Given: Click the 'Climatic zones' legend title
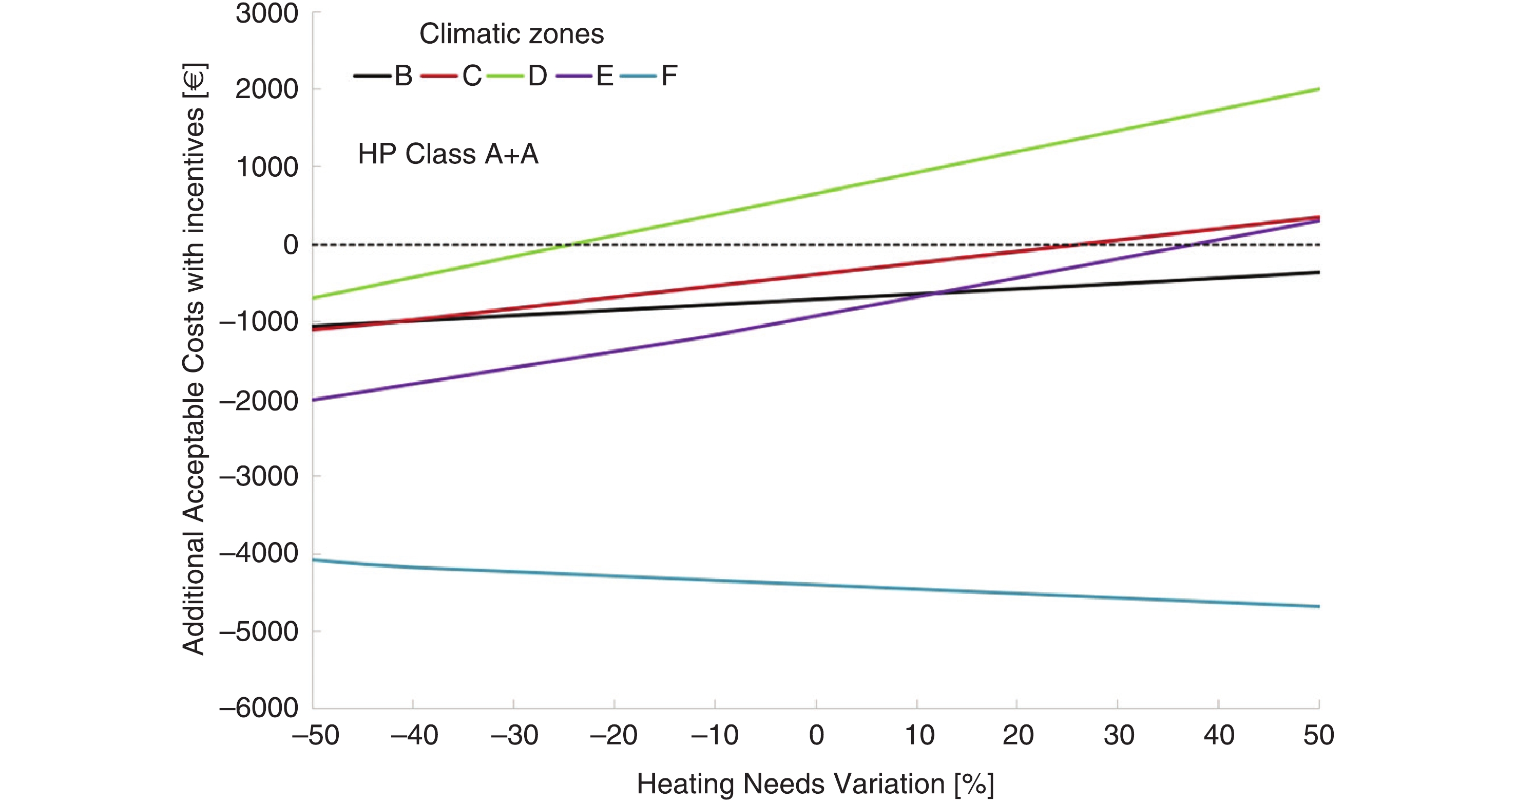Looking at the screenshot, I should coord(511,34).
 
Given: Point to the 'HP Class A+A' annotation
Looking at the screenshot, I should coord(448,154).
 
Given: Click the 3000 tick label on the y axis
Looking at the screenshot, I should coord(266,13).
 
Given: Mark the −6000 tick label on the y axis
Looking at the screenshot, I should coord(259,707).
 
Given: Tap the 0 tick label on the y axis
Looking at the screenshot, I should coord(290,245).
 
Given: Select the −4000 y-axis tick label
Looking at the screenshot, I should coord(259,553).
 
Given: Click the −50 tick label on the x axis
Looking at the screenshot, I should coord(316,735).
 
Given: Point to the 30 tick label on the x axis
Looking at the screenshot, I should coord(1118,735).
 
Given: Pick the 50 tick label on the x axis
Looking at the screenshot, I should coord(1318,735).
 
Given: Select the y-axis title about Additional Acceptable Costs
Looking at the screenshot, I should coord(194,359).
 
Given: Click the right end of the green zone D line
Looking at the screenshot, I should coord(1318,89).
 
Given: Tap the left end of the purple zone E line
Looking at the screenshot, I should coord(314,400).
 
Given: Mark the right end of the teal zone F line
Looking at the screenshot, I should coord(1318,606).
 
